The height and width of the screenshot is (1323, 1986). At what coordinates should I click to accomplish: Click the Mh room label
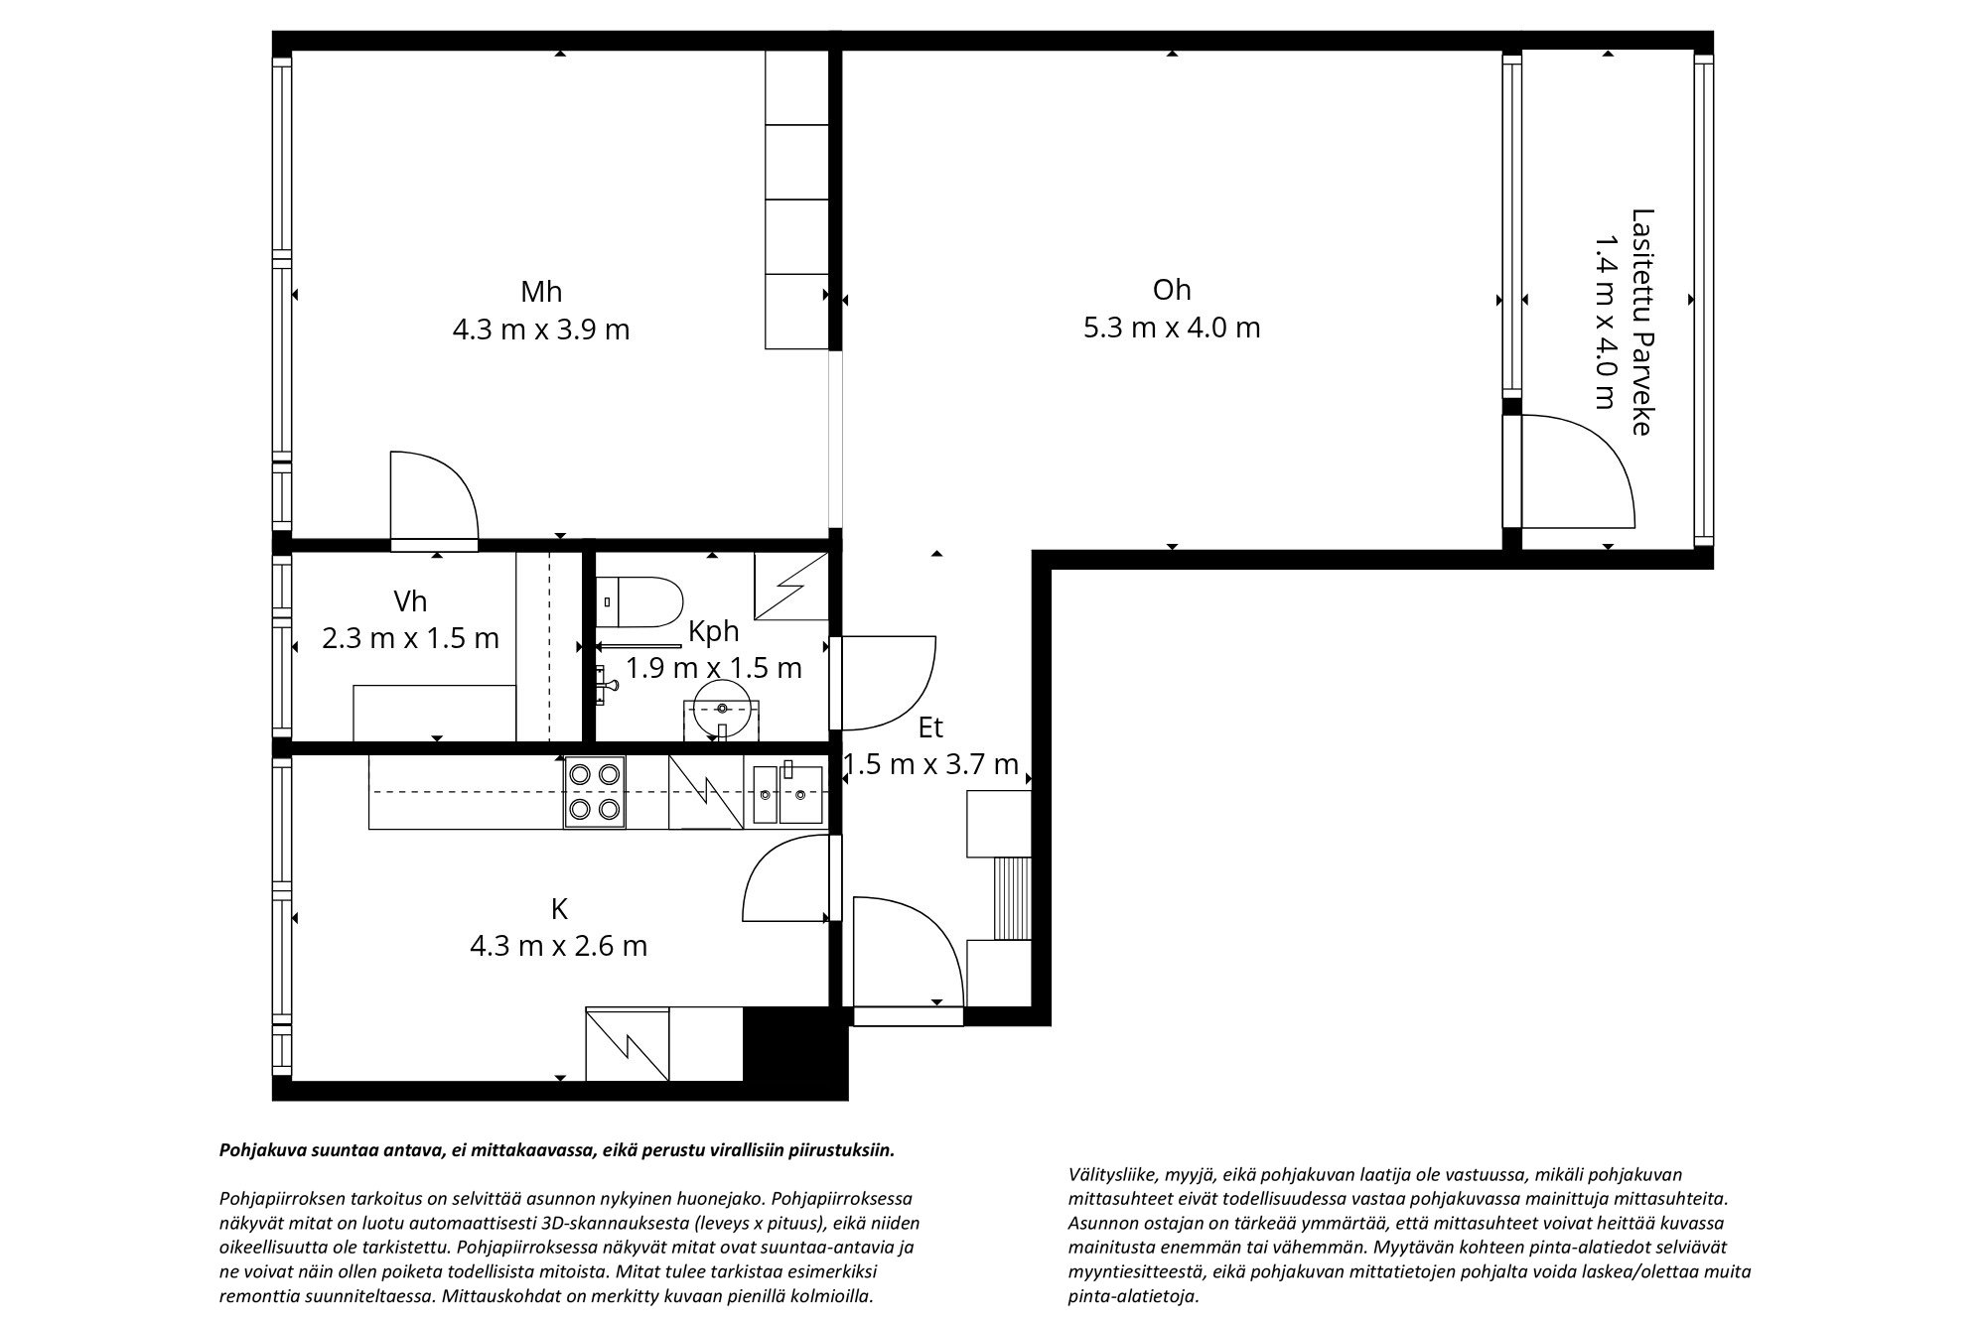point(541,292)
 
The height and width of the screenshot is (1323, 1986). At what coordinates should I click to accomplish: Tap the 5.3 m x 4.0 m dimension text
point(1171,328)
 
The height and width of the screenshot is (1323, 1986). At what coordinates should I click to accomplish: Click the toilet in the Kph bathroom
point(644,601)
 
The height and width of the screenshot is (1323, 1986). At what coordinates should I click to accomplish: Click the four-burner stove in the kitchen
point(595,791)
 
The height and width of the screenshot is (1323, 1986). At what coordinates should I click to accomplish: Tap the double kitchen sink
point(786,794)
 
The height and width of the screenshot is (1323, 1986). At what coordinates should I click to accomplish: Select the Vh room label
point(410,601)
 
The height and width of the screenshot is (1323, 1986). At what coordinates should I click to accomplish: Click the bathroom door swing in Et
point(889,682)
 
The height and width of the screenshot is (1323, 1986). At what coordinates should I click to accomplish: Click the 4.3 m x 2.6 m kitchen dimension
point(558,946)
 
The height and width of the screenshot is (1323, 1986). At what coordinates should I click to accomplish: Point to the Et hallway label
point(929,728)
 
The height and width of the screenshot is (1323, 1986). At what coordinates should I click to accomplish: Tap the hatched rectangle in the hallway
point(1012,898)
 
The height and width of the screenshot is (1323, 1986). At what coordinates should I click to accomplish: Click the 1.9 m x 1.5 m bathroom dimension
point(713,667)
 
